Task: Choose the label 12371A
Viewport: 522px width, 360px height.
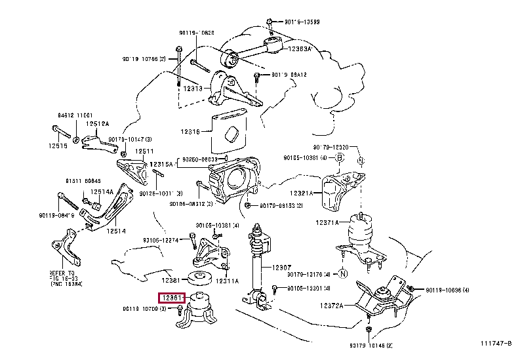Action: [327, 223]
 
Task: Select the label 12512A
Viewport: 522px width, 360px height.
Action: [99, 124]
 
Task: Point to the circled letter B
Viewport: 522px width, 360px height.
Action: [340, 157]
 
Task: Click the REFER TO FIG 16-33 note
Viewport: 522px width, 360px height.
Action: [65, 276]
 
